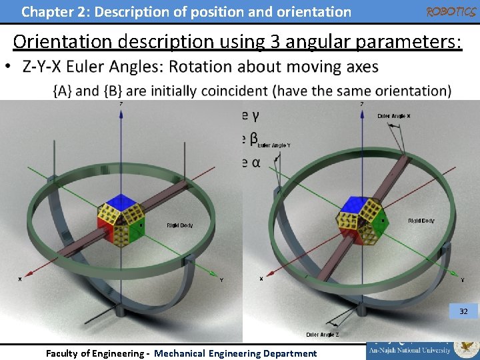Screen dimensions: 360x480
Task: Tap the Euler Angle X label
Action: (x=394, y=116)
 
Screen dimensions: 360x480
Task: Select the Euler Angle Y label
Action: (x=274, y=145)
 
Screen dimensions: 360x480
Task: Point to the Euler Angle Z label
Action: (x=323, y=334)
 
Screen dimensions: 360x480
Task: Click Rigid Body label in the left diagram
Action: (x=179, y=225)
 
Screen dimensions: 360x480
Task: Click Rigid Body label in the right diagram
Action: (x=421, y=221)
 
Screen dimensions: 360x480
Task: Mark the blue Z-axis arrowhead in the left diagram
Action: (x=121, y=113)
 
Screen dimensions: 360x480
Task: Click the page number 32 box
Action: (x=463, y=311)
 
